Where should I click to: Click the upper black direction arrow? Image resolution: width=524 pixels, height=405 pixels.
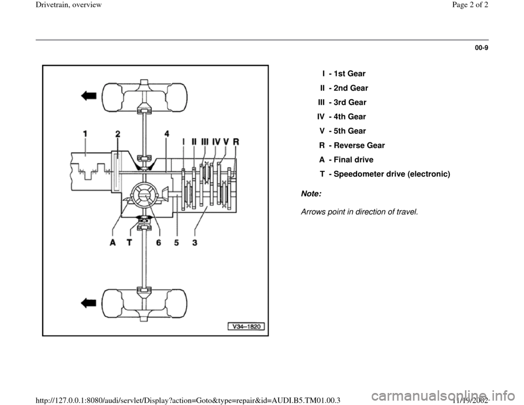click(x=88, y=96)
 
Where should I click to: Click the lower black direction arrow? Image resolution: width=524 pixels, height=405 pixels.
click(x=88, y=301)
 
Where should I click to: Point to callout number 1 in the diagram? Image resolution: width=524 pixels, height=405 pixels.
click(x=86, y=133)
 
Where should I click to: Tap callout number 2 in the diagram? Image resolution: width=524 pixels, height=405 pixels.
click(x=118, y=133)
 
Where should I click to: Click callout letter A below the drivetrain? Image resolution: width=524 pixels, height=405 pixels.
click(x=112, y=244)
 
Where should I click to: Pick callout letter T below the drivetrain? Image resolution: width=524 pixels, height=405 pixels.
click(x=130, y=244)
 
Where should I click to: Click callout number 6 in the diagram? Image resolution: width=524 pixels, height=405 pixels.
click(x=158, y=244)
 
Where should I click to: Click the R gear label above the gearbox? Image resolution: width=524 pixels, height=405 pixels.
click(x=236, y=141)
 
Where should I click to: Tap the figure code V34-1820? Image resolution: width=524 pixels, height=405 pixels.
click(x=247, y=327)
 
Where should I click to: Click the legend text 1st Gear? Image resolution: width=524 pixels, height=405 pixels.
click(x=349, y=73)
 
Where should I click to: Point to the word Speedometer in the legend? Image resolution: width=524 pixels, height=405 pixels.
click(x=360, y=175)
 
